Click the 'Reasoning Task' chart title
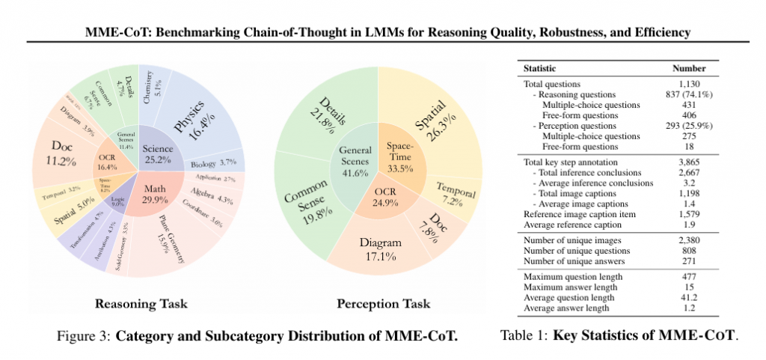point(141,303)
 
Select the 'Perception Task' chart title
point(383,303)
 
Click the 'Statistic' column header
point(539,68)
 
